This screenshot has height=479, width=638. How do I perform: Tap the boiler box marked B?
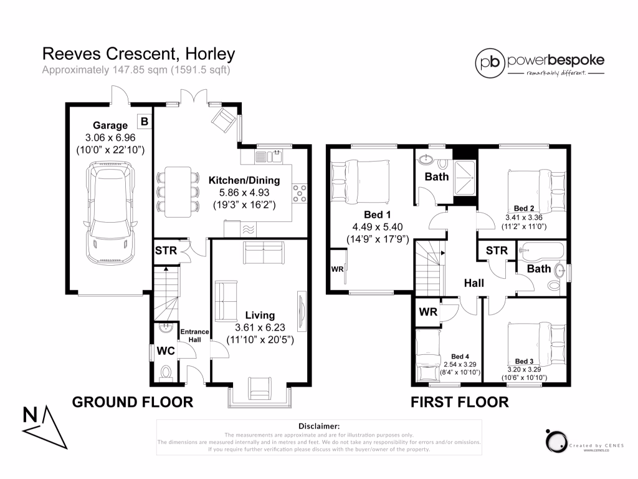coord(143,121)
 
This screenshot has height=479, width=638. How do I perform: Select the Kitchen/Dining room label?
coord(244,180)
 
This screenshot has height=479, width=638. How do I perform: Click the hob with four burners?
coord(300,193)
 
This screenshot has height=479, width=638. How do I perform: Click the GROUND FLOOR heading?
coord(133,402)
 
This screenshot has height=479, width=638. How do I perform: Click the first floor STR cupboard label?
coord(497,251)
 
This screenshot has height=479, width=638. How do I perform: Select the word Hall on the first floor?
coord(474,283)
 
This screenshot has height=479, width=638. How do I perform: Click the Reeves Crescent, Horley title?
coord(138,54)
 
